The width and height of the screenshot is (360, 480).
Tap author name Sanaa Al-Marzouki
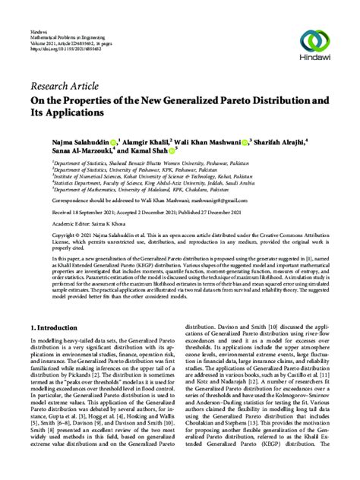[x=62, y=152]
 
